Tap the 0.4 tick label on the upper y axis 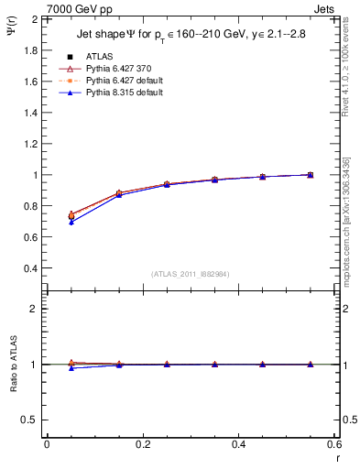30,268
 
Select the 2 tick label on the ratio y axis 35,310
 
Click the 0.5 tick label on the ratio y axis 30,420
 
